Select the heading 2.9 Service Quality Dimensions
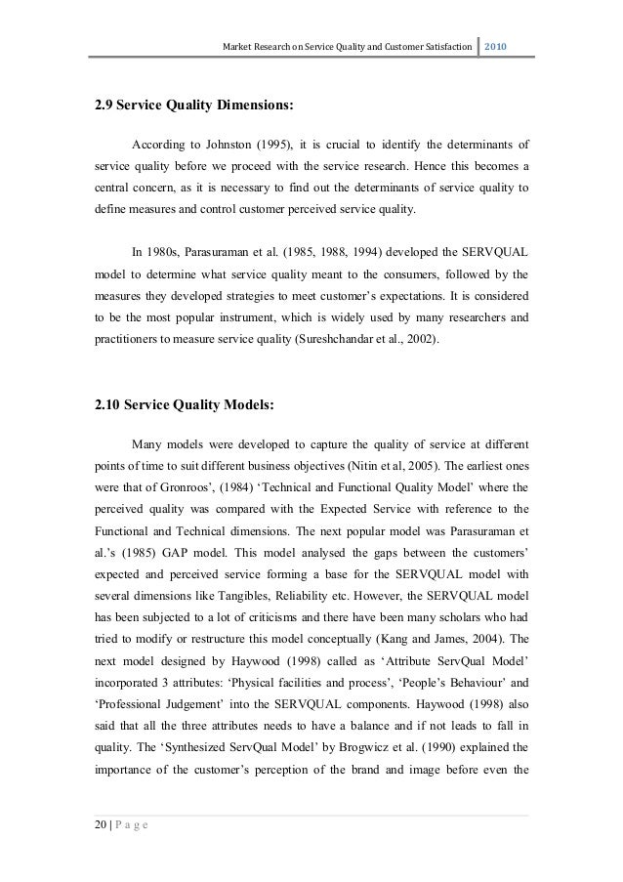click(192, 103)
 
